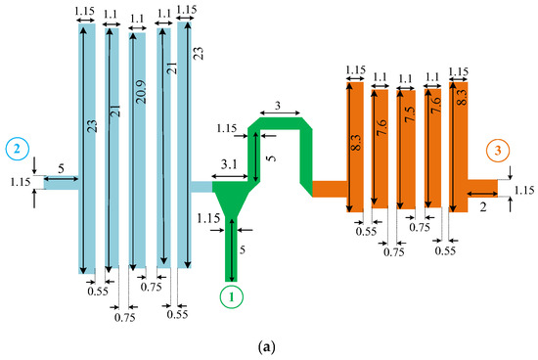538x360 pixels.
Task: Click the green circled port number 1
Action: tap(230, 294)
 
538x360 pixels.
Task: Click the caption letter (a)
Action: tap(269, 343)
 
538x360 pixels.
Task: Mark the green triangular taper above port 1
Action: tap(232, 202)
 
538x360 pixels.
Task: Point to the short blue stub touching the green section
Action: tap(201, 186)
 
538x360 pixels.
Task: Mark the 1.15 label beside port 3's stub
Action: tap(523, 190)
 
